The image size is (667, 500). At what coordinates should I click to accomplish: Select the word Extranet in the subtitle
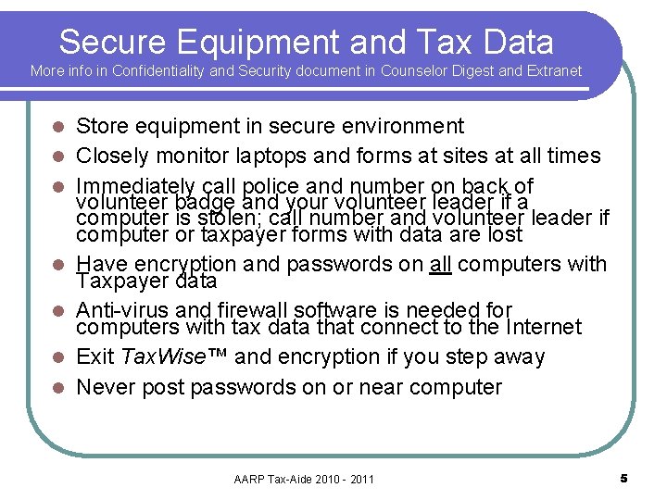click(x=553, y=70)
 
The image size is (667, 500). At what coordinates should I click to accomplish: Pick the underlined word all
click(x=441, y=264)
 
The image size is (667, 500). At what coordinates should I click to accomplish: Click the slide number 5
click(x=623, y=478)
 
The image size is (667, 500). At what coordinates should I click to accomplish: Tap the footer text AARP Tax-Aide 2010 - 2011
click(x=304, y=479)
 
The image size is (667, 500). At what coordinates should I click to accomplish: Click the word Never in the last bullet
click(x=104, y=387)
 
